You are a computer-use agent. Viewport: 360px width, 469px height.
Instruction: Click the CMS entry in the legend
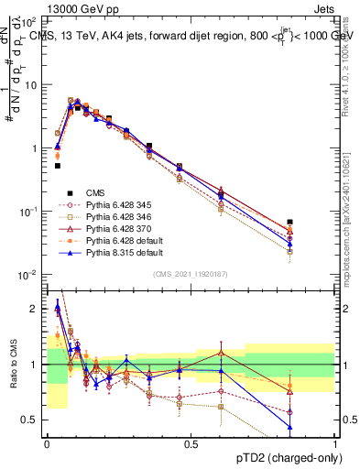[x=95, y=192]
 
